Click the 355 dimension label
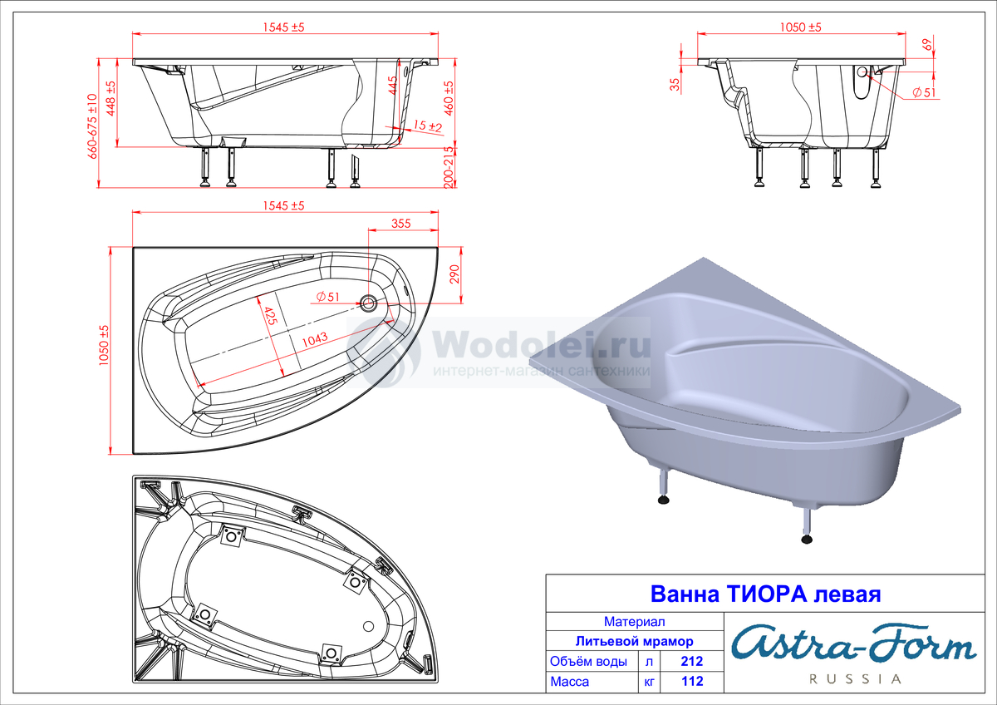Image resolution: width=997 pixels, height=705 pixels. [x=400, y=223]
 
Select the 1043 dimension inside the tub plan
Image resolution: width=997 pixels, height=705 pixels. [x=315, y=339]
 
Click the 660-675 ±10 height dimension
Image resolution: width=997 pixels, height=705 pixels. [x=92, y=126]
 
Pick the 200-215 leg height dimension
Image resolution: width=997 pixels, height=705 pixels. [x=449, y=167]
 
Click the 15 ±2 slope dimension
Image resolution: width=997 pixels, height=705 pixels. [x=427, y=126]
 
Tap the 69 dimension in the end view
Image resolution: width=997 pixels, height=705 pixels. [x=927, y=45]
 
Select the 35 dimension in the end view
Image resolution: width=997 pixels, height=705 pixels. [x=675, y=84]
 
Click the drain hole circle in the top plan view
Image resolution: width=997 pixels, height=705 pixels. [x=368, y=303]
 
